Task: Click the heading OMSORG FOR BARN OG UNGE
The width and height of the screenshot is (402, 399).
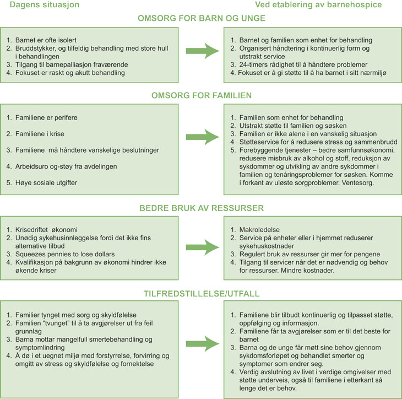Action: click(x=201, y=18)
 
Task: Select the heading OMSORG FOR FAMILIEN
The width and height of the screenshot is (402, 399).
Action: click(x=201, y=95)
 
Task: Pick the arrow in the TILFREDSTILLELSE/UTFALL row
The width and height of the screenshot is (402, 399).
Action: click(x=201, y=342)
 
